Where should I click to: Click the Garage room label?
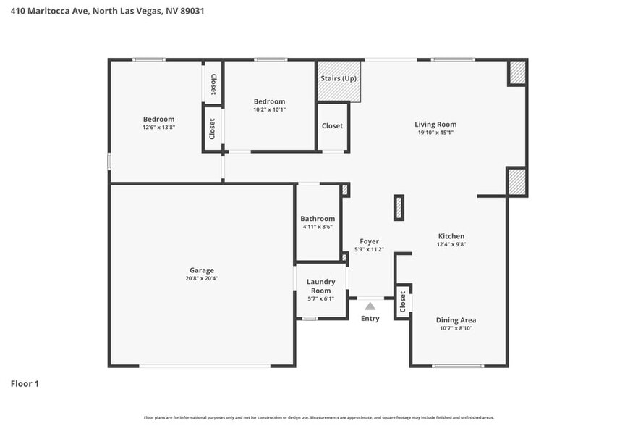[202, 270]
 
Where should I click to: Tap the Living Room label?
[435, 124]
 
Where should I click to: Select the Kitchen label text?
[451, 236]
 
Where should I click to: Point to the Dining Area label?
[456, 319]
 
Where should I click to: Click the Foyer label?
[369, 241]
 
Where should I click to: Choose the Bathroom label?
[318, 219]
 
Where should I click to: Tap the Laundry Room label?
[320, 286]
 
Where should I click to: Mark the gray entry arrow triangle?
[370, 306]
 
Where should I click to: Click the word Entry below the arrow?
[370, 319]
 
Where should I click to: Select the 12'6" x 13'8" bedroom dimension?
[158, 127]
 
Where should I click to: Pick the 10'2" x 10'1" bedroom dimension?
[269, 109]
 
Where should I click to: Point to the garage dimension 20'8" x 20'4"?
[202, 278]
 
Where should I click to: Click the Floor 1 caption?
[25, 383]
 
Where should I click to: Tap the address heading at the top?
[102, 11]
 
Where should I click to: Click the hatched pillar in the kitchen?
[398, 208]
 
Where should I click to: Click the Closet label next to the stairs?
[332, 126]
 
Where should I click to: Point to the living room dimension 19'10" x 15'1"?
[435, 132]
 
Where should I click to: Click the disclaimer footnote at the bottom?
[318, 417]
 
